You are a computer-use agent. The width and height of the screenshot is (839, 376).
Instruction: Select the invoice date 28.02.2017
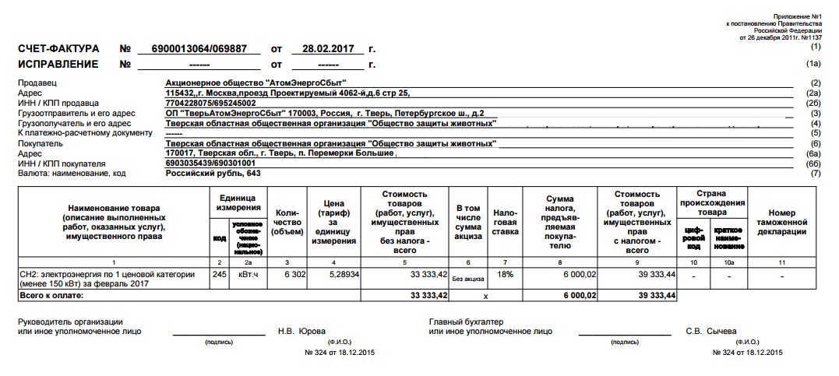(322, 49)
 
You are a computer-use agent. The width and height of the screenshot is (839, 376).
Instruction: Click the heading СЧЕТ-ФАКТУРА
(58, 49)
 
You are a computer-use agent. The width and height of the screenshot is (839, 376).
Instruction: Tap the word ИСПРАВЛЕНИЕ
(58, 65)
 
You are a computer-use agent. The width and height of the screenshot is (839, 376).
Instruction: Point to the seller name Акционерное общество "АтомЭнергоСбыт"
(256, 83)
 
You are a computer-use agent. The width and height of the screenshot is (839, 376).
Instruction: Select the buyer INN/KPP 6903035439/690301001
(211, 163)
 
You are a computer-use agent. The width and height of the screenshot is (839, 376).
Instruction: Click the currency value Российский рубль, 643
(213, 174)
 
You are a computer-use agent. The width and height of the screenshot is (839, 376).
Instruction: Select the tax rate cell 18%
(505, 274)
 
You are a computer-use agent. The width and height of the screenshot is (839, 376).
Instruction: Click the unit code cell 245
(219, 274)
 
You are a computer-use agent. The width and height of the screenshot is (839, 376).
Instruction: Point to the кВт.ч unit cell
(248, 274)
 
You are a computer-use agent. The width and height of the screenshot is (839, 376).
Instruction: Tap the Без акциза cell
(467, 278)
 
